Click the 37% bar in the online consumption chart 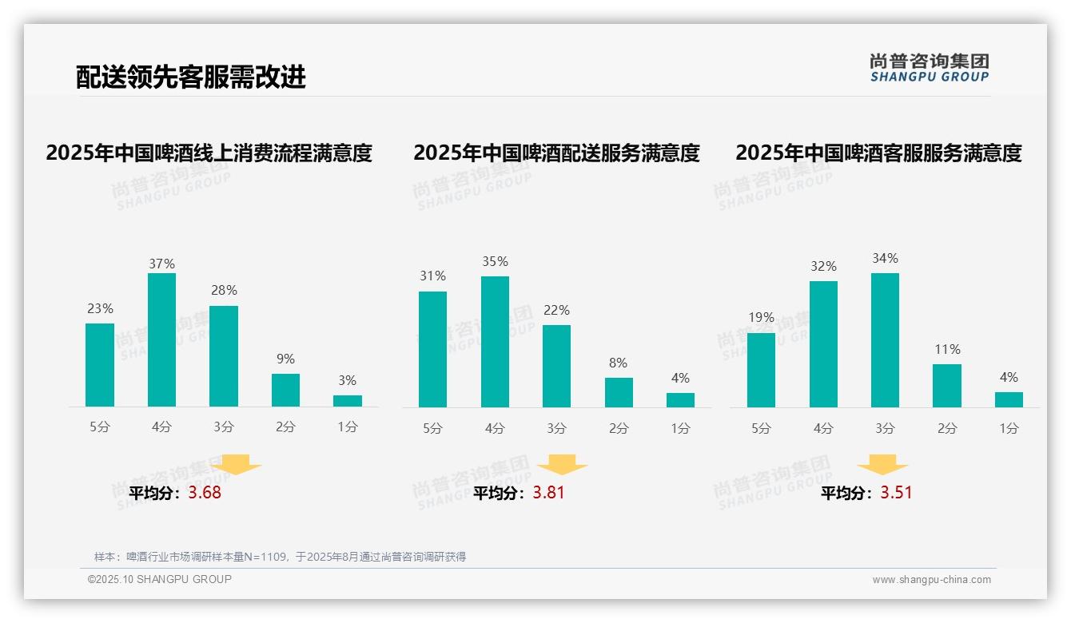[x=161, y=340]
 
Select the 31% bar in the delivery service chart [x=432, y=349]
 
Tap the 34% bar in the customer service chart [x=885, y=340]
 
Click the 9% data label [x=285, y=359]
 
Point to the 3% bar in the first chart [x=347, y=401]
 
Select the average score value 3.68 [x=205, y=493]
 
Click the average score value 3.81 [x=548, y=493]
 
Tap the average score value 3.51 [x=896, y=493]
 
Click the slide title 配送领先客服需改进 [x=191, y=77]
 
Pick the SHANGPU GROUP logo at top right [x=929, y=68]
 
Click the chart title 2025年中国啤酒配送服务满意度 [x=556, y=153]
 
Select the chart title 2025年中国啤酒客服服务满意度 [x=878, y=153]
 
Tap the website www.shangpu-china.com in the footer [x=931, y=580]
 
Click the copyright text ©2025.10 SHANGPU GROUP [x=160, y=579]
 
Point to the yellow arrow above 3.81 [x=562, y=465]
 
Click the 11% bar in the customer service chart [x=946, y=386]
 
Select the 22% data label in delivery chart [x=556, y=311]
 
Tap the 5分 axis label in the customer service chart [x=761, y=429]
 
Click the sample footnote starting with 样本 [x=280, y=557]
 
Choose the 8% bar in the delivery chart [x=619, y=392]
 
